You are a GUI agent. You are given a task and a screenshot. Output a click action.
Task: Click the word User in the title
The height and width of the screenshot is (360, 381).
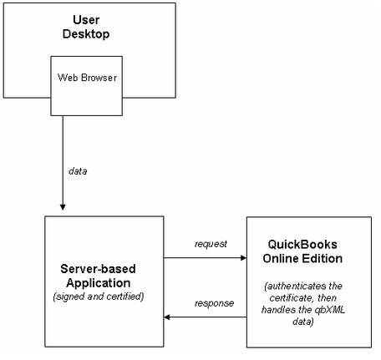pos(86,20)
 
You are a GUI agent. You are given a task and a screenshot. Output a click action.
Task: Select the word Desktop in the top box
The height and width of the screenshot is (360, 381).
pos(86,34)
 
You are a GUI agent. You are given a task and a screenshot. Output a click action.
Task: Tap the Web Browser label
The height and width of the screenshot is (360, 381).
pos(87,78)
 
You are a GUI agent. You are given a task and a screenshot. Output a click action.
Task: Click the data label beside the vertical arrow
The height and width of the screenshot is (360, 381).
pos(78,171)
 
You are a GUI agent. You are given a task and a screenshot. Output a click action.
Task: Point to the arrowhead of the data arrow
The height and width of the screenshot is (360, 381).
pos(63,207)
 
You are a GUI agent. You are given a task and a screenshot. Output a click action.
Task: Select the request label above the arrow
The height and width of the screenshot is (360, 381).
pos(211,244)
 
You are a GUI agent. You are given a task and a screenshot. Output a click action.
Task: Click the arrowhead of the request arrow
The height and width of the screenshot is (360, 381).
pos(244,258)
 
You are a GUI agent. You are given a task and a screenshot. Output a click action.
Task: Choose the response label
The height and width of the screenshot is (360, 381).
pos(214,303)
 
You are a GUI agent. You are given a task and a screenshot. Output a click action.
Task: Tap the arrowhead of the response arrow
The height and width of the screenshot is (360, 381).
pos(167,317)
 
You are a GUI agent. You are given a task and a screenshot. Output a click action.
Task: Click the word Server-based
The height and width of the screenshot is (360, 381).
pos(98,269)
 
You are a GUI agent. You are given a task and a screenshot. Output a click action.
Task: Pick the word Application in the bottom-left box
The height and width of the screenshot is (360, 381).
pos(99,283)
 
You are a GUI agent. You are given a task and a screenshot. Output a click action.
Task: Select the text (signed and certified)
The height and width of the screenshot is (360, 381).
pos(99,297)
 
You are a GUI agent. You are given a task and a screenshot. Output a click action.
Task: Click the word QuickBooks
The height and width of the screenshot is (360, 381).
pos(302,245)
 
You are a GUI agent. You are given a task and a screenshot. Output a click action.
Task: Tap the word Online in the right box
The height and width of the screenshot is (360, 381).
pos(281,258)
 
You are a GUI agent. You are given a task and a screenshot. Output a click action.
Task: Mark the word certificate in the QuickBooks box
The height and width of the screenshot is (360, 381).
pos(292,298)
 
